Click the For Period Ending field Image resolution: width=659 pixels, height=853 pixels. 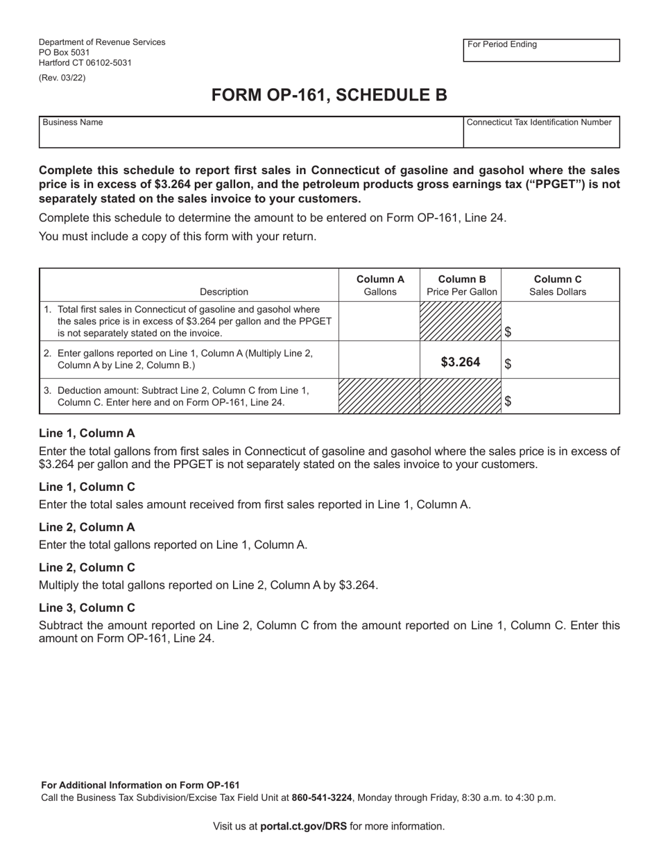(x=541, y=51)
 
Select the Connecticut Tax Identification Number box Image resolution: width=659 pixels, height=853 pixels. (x=541, y=132)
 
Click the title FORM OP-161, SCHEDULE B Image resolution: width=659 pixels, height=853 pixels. (x=329, y=95)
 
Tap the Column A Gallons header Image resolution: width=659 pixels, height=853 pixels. (x=380, y=285)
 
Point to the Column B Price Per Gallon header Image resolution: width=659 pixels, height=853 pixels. (x=461, y=285)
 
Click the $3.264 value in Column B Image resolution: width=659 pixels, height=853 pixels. (x=461, y=361)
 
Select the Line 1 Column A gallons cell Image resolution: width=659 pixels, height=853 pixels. (x=379, y=321)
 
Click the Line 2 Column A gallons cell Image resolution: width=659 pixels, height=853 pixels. (x=379, y=360)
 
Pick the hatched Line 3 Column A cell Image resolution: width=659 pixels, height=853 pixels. (x=379, y=397)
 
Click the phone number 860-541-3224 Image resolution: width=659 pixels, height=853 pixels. (x=322, y=798)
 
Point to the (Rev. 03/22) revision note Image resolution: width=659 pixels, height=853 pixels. (x=62, y=78)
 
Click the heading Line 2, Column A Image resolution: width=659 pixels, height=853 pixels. (x=87, y=527)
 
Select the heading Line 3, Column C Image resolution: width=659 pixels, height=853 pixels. (x=87, y=608)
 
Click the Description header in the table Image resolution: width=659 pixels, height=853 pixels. (x=223, y=292)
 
